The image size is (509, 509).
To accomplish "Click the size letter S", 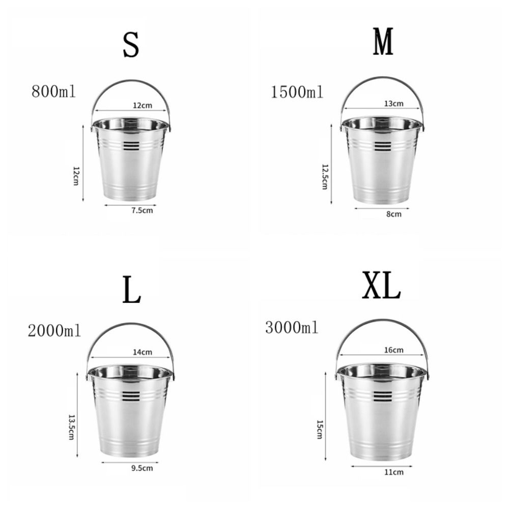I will tap(131, 45).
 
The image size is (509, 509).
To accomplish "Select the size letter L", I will tap(132, 291).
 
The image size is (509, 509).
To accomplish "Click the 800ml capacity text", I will tap(53, 92).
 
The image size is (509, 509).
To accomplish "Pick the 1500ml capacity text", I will tap(297, 92).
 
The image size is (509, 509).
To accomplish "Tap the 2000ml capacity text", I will tap(54, 331).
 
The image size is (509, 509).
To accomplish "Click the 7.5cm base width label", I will tap(142, 210).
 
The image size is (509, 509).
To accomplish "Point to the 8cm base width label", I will tap(393, 214).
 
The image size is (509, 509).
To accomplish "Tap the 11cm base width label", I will tap(393, 472).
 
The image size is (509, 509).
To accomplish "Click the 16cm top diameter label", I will tap(393, 350).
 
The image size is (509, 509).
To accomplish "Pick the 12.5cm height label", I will tap(324, 176).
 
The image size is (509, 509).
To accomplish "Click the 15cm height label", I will tap(320, 429).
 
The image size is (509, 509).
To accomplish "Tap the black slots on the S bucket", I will tap(131, 146).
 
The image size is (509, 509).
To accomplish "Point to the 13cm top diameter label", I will tap(393, 103).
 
